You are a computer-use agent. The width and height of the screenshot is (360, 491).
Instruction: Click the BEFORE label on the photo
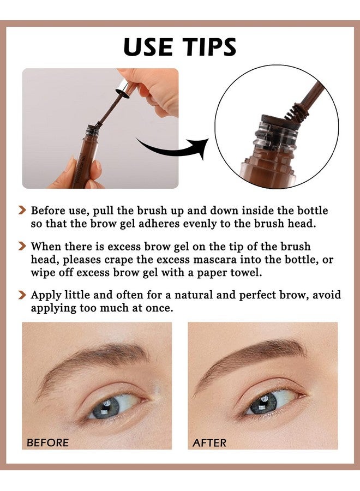pos(48,442)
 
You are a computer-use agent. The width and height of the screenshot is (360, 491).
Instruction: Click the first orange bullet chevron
pos(22,210)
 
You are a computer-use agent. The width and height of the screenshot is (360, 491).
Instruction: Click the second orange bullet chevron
pos(22,247)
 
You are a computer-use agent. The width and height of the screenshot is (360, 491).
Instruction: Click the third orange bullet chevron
pos(22,295)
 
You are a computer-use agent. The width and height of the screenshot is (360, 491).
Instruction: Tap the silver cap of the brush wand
pos(124,87)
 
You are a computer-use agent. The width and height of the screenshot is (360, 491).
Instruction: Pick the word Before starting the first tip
pos(49,210)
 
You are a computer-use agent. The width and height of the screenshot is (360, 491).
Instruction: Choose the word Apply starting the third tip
pos(45,295)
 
